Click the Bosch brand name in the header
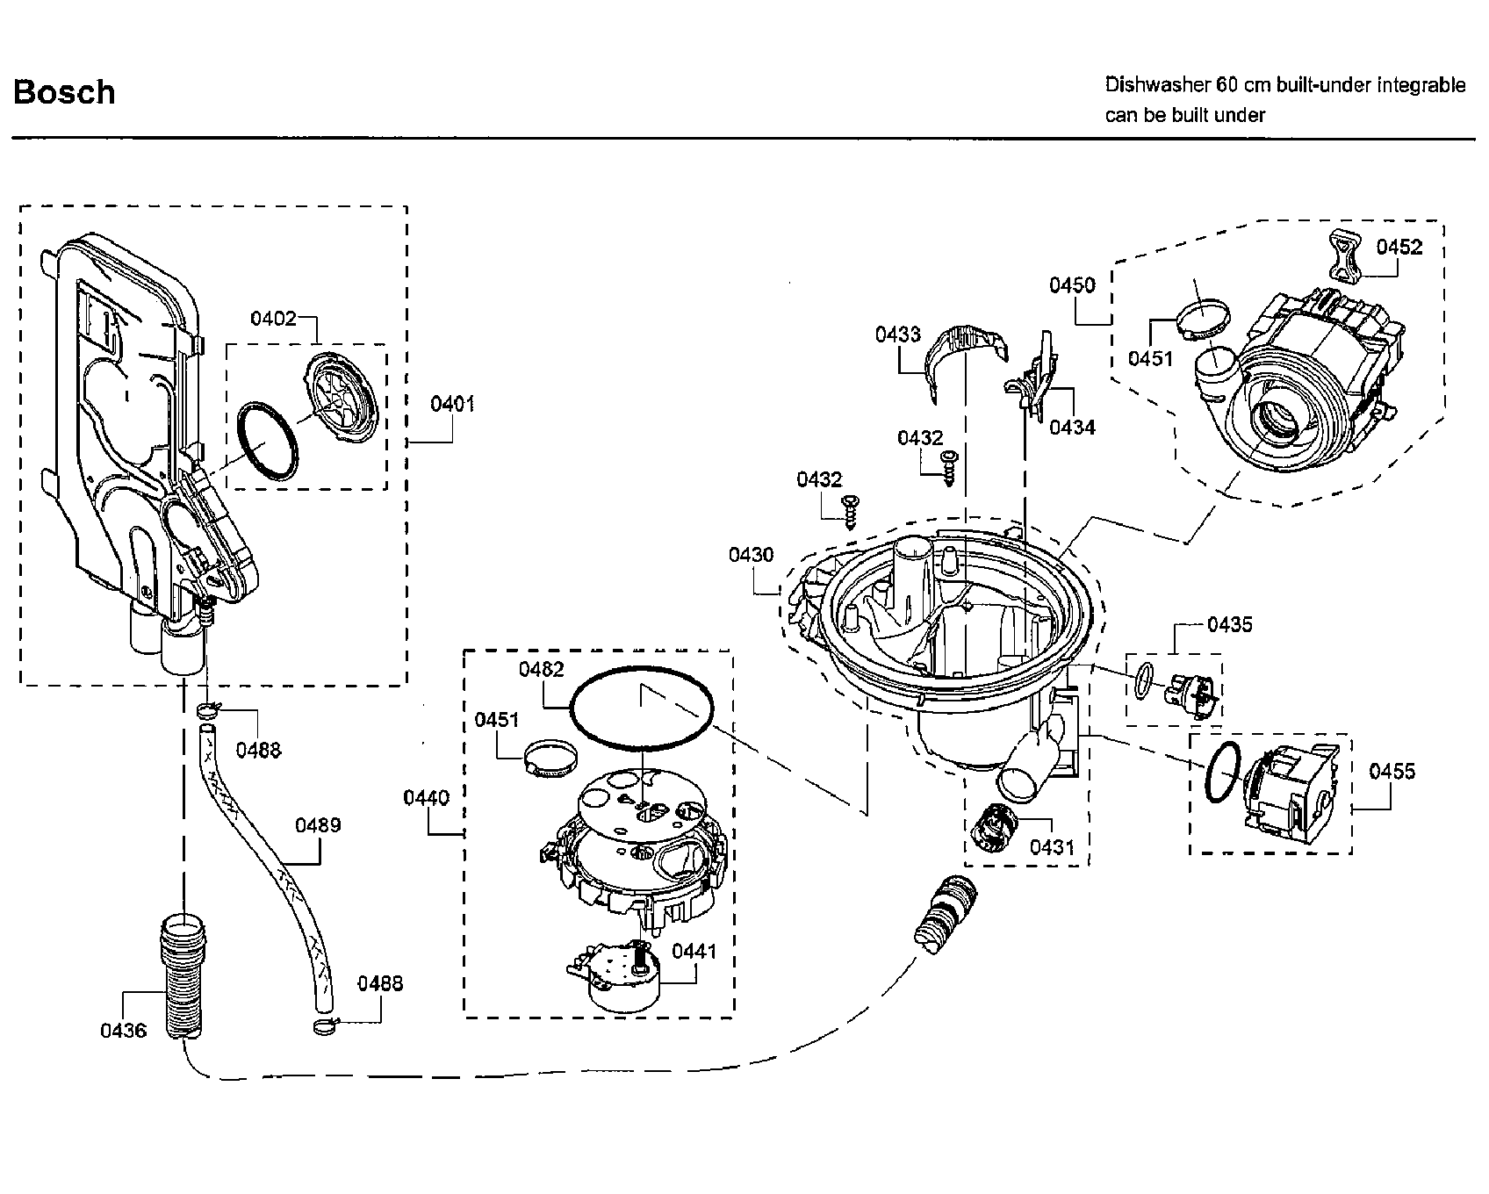pyautogui.click(x=64, y=92)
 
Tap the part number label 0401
pyautogui.click(x=452, y=404)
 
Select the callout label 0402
pyautogui.click(x=273, y=318)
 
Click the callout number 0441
pyautogui.click(x=694, y=952)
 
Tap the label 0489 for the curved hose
pyautogui.click(x=318, y=824)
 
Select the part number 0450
pyautogui.click(x=1072, y=284)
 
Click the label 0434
pyautogui.click(x=1072, y=428)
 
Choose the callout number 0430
pyautogui.click(x=751, y=555)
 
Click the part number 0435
pyautogui.click(x=1229, y=624)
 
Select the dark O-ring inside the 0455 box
pyautogui.click(x=1222, y=773)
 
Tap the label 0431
pyautogui.click(x=1052, y=847)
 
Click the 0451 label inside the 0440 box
pyautogui.click(x=497, y=720)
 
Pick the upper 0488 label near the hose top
pyautogui.click(x=258, y=749)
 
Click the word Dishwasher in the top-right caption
pyautogui.click(x=1157, y=85)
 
